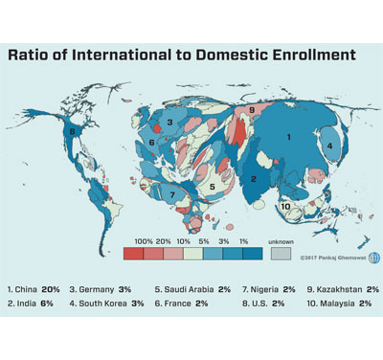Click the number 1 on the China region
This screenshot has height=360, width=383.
click(x=288, y=137)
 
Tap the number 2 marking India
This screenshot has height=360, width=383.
click(x=254, y=178)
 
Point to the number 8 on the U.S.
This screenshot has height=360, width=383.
click(x=72, y=131)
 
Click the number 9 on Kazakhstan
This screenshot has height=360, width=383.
click(x=251, y=111)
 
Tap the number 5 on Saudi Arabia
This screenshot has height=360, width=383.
click(x=213, y=186)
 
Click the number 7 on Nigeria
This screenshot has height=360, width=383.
click(x=171, y=194)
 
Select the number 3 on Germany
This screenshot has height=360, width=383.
click(x=169, y=123)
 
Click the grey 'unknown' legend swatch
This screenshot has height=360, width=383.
click(x=280, y=255)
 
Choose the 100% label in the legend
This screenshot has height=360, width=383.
click(x=144, y=241)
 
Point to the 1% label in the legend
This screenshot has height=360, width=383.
click(x=243, y=241)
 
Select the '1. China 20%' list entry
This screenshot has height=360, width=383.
click(x=34, y=288)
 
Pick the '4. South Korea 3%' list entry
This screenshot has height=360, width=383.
click(x=106, y=303)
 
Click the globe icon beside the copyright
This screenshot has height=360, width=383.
click(x=373, y=257)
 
